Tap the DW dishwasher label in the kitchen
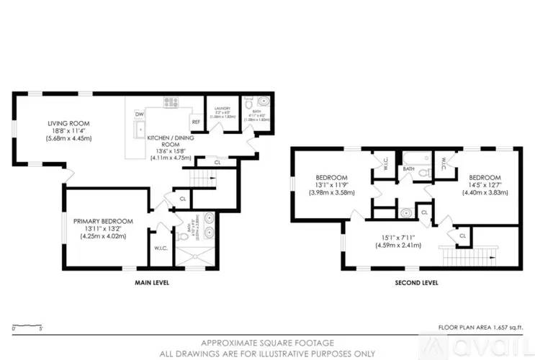tap(138, 114)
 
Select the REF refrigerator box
tap(195, 122)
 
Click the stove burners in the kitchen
tap(171, 103)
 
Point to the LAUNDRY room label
tap(222, 108)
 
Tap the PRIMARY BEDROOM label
tap(103, 220)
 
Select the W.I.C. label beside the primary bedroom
tap(161, 249)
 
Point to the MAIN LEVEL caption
tap(152, 283)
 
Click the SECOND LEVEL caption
tap(416, 283)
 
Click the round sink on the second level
tap(405, 212)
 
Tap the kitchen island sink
tap(140, 130)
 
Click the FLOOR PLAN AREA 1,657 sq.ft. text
tap(480, 327)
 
